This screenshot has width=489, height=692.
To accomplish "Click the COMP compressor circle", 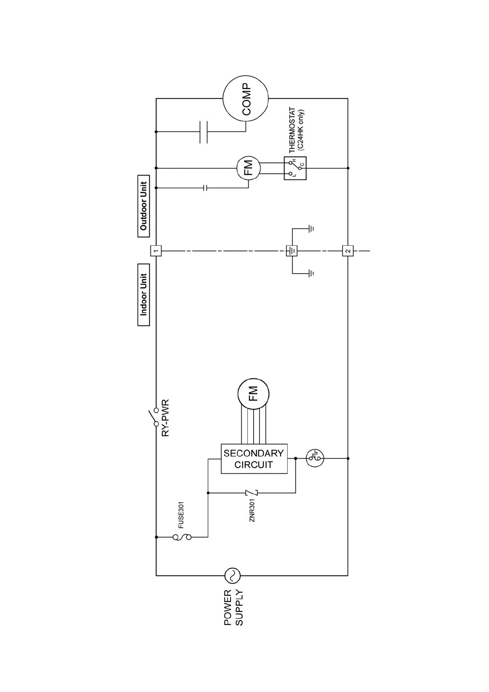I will (245, 99).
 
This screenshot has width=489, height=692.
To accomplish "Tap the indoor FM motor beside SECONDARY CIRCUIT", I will (253, 394).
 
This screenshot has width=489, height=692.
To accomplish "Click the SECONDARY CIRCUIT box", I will (254, 459).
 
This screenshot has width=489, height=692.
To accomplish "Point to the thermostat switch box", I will (295, 168).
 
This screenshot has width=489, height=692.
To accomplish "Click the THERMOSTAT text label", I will (292, 131).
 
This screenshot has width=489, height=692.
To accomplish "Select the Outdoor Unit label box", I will (143, 206).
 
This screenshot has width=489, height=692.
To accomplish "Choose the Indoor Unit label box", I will (143, 295).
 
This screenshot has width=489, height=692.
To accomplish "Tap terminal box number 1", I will (156, 251).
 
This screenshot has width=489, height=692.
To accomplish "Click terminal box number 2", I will (348, 251).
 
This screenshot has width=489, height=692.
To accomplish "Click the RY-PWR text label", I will (165, 418).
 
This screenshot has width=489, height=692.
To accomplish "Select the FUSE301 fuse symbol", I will (181, 537).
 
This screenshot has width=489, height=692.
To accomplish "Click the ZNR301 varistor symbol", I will (251, 493).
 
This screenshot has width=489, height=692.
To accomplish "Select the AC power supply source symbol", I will (232, 575).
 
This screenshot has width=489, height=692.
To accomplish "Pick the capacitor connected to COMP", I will (203, 132).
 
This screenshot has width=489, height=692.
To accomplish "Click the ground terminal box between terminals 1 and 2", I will (291, 251).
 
